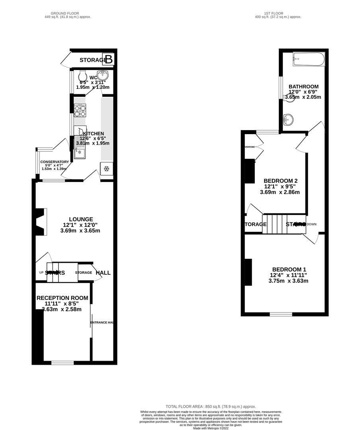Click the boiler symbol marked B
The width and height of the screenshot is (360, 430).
[x=109, y=59]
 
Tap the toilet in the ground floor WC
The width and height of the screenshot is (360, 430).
[x=83, y=76]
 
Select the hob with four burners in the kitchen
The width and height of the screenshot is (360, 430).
[x=80, y=110]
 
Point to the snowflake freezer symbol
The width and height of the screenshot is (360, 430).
[x=106, y=169]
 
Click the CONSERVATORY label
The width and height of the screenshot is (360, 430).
[x=55, y=162]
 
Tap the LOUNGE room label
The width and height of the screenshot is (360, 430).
[x=81, y=219]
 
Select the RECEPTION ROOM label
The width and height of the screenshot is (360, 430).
[x=62, y=298]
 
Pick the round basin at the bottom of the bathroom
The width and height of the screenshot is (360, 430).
[x=288, y=119]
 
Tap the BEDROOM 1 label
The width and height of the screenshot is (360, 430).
[x=289, y=269]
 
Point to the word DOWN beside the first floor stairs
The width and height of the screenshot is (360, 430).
[x=311, y=224]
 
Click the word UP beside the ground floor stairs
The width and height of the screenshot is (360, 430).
[x=41, y=272]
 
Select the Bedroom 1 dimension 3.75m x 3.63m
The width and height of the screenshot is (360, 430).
[x=289, y=281]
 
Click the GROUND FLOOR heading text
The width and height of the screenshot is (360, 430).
[x=68, y=13]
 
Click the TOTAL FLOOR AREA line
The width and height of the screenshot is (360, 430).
[x=211, y=407]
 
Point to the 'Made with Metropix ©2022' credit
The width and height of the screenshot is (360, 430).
[x=211, y=428]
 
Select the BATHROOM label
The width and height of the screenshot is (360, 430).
[x=303, y=86]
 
